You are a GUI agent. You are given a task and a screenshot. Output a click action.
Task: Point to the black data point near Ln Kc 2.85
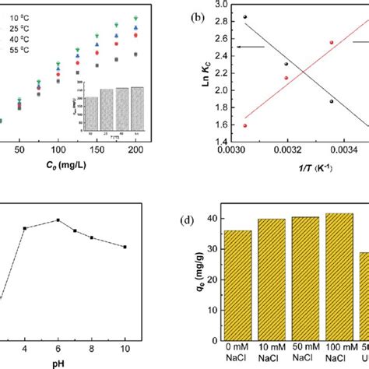click(x=245, y=16)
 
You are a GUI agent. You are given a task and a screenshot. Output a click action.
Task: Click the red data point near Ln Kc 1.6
click(x=245, y=125)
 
